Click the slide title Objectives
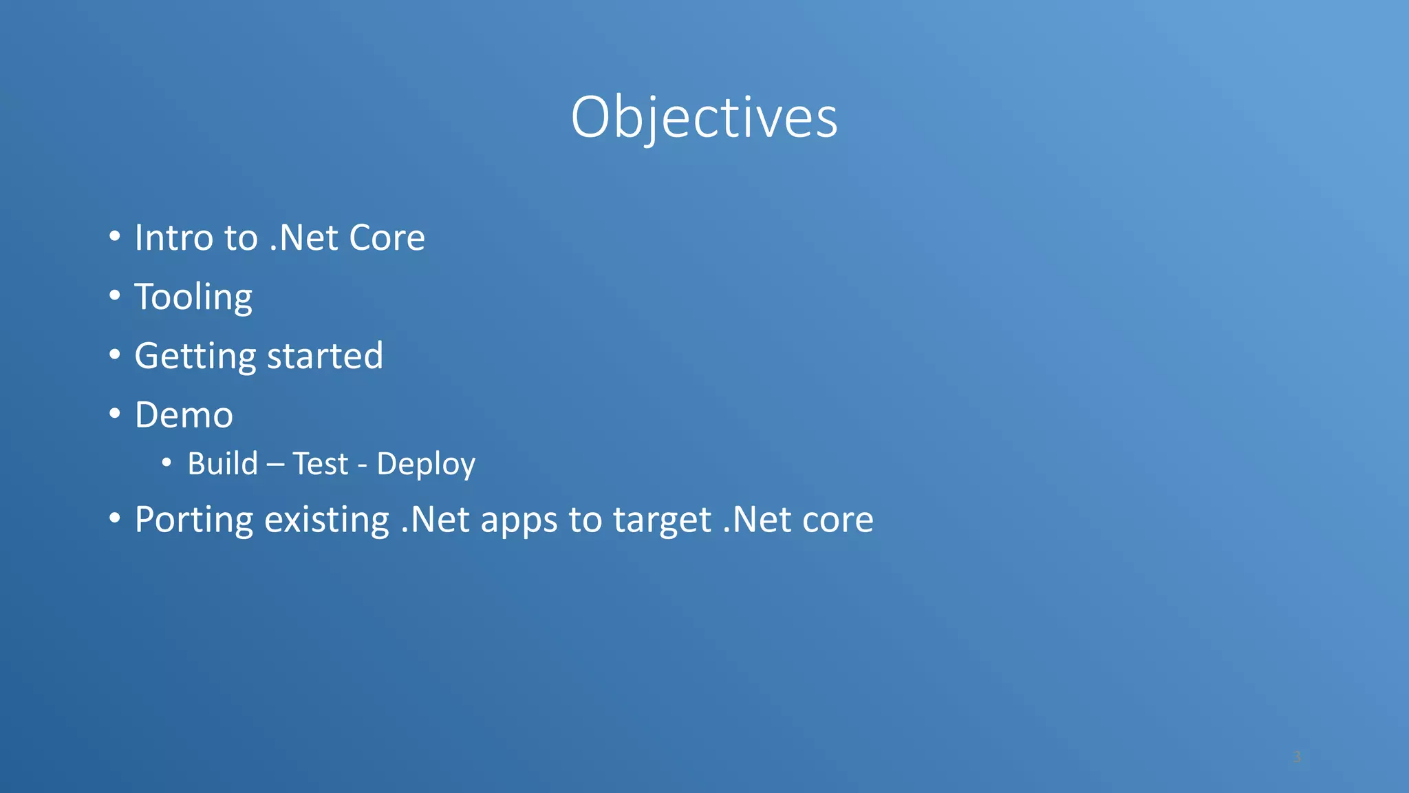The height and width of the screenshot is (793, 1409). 704,117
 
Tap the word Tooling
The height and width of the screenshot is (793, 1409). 193,297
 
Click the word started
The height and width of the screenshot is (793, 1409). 325,357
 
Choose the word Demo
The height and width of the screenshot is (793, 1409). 184,415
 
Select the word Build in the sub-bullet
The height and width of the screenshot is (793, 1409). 222,463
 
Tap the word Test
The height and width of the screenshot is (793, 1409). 320,463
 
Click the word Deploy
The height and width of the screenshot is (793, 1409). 426,465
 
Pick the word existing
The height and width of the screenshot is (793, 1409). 326,520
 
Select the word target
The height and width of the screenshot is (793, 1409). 662,521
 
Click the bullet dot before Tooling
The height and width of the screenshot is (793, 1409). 115,296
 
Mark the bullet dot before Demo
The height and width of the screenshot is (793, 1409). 115,414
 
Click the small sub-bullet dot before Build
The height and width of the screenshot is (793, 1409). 166,463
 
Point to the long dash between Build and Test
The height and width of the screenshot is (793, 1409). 275,465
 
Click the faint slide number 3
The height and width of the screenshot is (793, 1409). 1297,757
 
